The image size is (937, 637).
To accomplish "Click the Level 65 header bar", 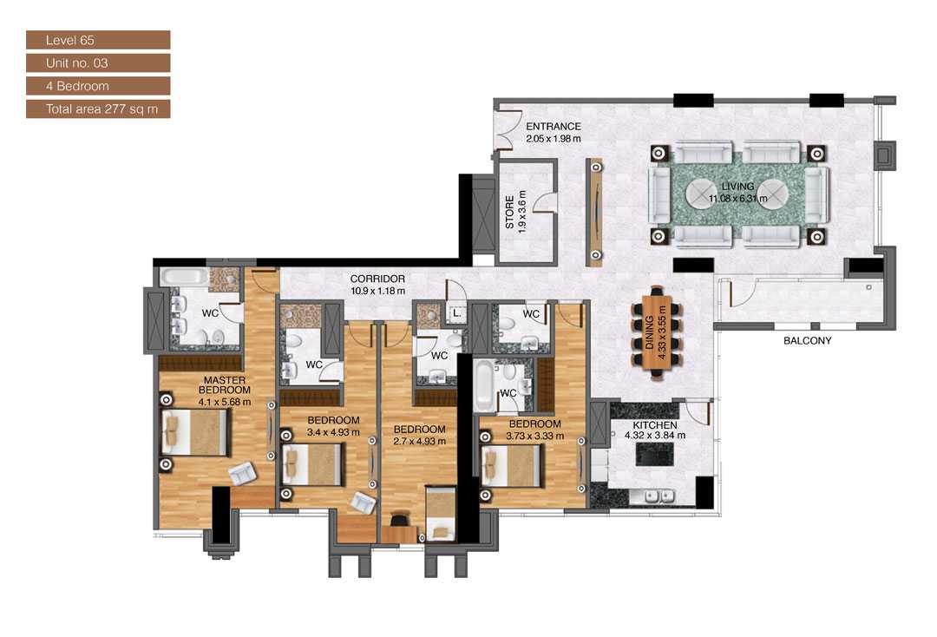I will click(97, 40).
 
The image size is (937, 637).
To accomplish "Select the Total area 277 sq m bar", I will click(97, 109).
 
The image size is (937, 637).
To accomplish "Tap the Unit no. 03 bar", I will click(97, 63).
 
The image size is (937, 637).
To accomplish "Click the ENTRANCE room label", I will click(553, 127).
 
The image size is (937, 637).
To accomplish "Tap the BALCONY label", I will click(807, 341).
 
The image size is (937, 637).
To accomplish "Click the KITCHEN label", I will click(655, 425).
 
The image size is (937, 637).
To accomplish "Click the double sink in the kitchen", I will click(660, 496).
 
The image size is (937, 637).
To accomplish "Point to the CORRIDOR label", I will click(377, 279).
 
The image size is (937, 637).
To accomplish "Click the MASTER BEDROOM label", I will click(225, 385).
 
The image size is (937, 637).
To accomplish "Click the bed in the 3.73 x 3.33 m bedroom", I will click(512, 465).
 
